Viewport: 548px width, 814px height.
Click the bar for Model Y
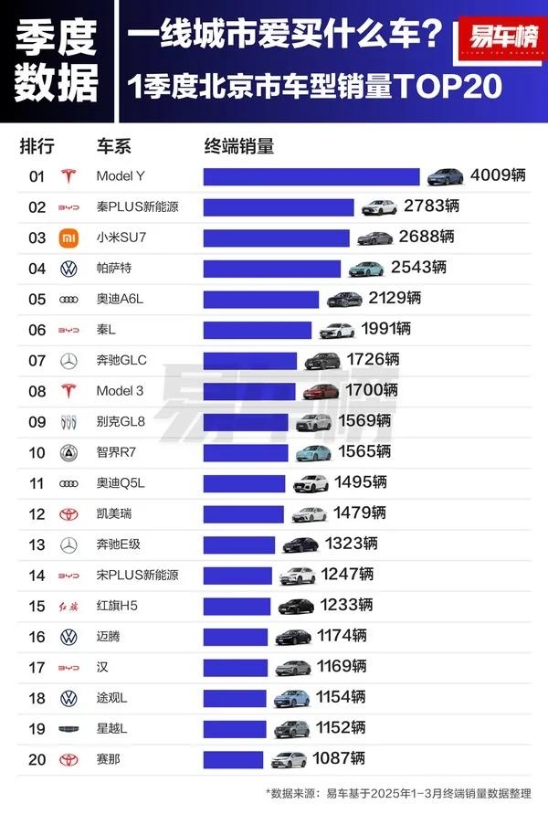pos(311,176)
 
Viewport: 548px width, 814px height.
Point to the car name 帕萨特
pos(114,268)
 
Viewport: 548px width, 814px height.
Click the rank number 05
pos(37,299)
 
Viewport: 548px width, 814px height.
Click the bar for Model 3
pos(250,390)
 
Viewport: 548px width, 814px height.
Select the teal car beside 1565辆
pos(311,451)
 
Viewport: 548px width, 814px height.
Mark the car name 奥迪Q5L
pos(118,482)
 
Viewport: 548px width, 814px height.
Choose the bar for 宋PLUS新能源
pos(237,575)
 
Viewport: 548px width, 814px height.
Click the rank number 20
pos(37,757)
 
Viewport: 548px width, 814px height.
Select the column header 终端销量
pos(238,146)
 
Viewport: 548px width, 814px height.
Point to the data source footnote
pos(398,793)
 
